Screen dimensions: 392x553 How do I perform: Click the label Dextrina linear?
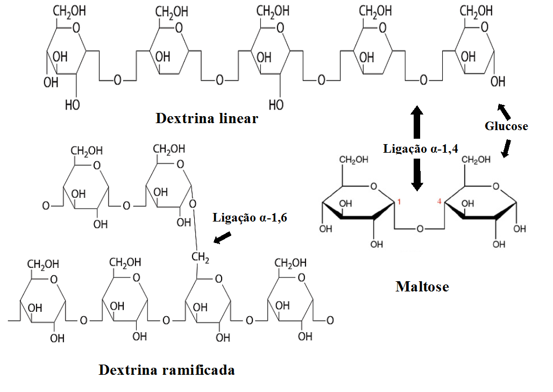pyautogui.click(x=207, y=118)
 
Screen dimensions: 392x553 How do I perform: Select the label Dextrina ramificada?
pyautogui.click(x=167, y=370)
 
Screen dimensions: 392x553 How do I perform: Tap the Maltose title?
pyautogui.click(x=422, y=286)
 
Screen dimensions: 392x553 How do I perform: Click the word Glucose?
pyautogui.click(x=506, y=126)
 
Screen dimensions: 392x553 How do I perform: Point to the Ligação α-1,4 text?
pyautogui.click(x=420, y=148)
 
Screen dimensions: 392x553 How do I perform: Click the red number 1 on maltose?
pyautogui.click(x=399, y=202)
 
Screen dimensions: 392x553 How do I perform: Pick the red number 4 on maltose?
pyautogui.click(x=439, y=202)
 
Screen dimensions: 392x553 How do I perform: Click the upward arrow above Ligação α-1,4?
pyautogui.click(x=417, y=122)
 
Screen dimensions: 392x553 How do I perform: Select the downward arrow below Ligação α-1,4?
pyautogui.click(x=417, y=175)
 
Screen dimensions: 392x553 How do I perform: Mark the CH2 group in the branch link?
pyautogui.click(x=200, y=259)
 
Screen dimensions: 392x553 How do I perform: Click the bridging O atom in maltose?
pyautogui.click(x=420, y=229)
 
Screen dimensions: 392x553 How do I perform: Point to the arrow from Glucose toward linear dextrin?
pyautogui.click(x=504, y=111)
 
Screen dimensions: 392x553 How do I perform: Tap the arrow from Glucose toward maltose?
pyautogui.click(x=506, y=147)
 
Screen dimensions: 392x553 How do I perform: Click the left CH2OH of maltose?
pyautogui.click(x=353, y=160)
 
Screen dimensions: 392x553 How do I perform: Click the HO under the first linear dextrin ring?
pyautogui.click(x=72, y=105)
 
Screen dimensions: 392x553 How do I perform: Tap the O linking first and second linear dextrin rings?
pyautogui.click(x=117, y=80)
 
